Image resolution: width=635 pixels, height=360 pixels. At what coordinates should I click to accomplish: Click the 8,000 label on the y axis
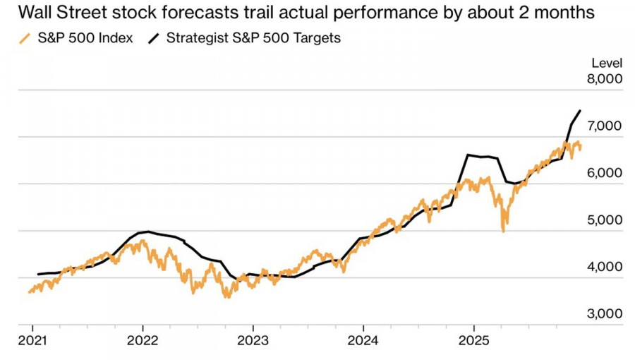[605, 80]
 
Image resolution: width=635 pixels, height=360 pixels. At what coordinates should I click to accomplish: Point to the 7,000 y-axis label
[605, 126]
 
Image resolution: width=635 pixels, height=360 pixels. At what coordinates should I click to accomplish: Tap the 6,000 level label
[605, 174]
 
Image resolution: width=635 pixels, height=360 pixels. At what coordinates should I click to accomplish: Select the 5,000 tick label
[605, 220]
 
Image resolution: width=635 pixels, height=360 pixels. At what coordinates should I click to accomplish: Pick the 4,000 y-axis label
[605, 268]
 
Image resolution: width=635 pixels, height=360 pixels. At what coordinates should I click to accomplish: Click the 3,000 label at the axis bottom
[605, 314]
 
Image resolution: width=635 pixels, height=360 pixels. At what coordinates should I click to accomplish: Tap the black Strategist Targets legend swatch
[153, 38]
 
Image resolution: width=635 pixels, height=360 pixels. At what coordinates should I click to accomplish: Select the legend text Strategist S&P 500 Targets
[253, 38]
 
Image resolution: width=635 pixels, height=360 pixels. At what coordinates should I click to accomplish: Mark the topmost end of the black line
[580, 111]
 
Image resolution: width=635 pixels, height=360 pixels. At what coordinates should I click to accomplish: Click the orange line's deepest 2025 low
[503, 231]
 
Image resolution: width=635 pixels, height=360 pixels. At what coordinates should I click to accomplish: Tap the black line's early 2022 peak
[147, 232]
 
